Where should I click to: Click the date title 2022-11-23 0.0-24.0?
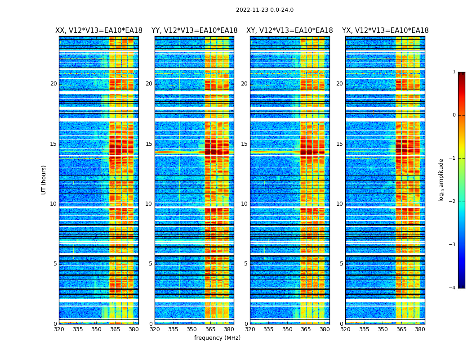264,10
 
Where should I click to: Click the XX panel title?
98,31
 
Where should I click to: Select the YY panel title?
194,31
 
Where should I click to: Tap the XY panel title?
289,31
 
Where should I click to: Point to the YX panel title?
385,31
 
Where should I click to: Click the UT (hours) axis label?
44,180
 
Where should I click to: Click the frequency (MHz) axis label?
217,338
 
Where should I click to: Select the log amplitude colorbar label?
441,180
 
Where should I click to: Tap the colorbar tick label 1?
454,72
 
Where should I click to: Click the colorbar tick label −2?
453,202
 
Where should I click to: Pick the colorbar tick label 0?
454,115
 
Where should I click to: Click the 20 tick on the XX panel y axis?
53,84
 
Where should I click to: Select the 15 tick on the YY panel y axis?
149,144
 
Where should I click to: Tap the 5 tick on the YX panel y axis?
341,264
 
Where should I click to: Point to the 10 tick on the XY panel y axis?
244,204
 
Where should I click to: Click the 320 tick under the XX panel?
59,329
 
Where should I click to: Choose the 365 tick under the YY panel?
210,329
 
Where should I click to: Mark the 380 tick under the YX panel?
420,329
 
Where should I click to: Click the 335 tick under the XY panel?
268,329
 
